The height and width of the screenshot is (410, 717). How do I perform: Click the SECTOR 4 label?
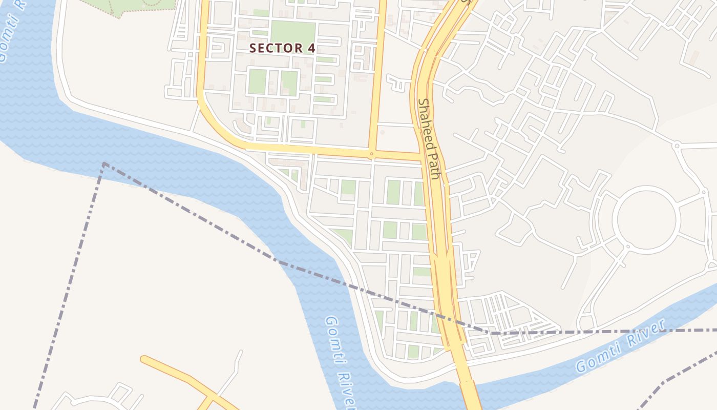282,48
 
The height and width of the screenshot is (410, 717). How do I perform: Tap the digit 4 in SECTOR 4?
310,48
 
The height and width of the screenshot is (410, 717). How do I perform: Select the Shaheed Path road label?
429,138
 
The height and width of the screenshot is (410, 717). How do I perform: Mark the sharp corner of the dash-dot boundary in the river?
104,164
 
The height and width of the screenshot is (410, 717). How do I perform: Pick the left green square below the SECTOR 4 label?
257,81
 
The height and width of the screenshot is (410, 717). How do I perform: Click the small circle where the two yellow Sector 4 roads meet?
372,153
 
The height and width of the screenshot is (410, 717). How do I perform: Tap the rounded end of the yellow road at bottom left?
144,359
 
